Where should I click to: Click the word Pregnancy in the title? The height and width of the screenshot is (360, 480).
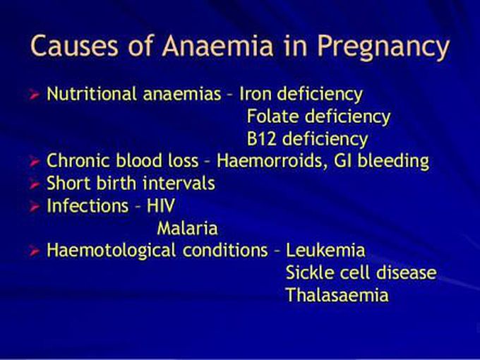[x=383, y=47]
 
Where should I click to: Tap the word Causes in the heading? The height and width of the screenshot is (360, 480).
[x=74, y=46]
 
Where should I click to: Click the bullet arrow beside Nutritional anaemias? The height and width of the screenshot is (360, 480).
[x=35, y=95]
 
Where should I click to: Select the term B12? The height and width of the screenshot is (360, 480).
[x=261, y=139]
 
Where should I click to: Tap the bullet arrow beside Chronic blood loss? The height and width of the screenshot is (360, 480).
[x=35, y=162]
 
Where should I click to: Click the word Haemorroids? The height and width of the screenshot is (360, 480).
[x=270, y=161]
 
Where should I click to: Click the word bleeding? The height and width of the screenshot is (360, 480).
[x=393, y=162]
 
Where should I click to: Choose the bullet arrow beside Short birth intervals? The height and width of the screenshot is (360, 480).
[x=35, y=184]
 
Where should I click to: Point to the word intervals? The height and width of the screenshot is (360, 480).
[x=179, y=184]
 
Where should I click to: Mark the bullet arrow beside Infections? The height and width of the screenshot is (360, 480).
[x=35, y=207]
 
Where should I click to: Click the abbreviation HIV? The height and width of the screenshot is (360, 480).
[x=161, y=205]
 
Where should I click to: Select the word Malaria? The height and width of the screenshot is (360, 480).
[x=187, y=229]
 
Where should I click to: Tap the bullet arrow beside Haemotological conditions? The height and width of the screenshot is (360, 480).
[x=35, y=251]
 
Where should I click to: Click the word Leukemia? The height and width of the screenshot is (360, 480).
[x=325, y=250]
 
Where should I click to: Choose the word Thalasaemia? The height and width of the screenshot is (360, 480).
[x=337, y=295]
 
